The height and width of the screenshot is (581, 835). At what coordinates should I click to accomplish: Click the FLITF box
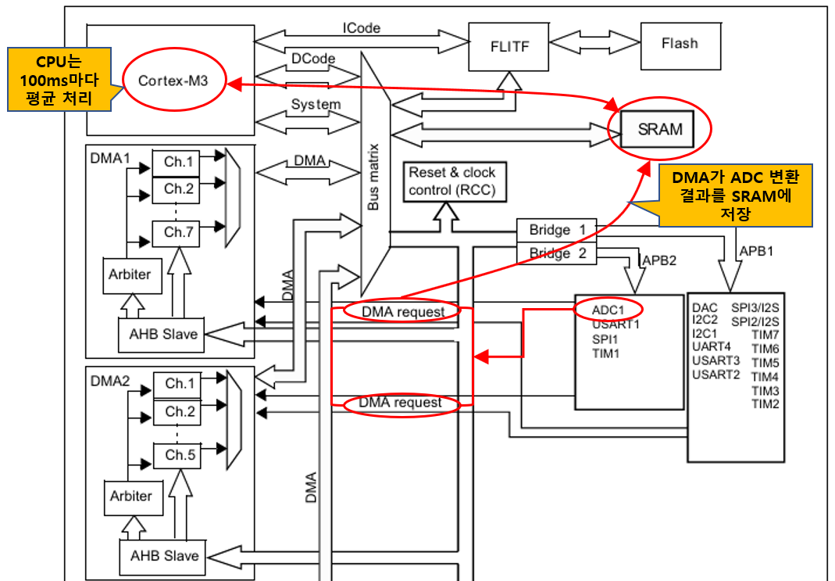click(510, 46)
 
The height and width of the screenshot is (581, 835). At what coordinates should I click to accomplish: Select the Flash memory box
click(679, 44)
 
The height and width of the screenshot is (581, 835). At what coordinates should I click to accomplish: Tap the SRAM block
click(659, 129)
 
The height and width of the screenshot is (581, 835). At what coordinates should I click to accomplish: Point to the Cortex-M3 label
click(173, 81)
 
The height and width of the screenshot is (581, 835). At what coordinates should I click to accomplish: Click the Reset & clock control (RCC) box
click(452, 181)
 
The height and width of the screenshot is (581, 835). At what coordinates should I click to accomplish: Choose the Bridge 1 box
click(556, 231)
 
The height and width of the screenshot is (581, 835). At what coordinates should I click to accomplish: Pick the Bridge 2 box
click(556, 253)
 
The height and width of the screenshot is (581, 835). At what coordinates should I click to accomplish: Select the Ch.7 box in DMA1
click(178, 232)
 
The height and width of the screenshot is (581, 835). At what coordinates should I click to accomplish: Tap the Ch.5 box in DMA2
click(180, 454)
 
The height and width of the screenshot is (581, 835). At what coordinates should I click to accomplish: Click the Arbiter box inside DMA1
click(130, 274)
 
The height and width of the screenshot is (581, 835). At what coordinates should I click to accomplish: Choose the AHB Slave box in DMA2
click(163, 556)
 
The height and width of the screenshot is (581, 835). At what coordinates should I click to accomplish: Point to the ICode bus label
click(362, 28)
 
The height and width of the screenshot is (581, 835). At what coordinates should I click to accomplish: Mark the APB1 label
click(755, 252)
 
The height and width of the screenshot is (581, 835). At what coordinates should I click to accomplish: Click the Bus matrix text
click(373, 177)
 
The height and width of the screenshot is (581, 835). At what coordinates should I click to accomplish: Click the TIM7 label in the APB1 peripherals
click(765, 334)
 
